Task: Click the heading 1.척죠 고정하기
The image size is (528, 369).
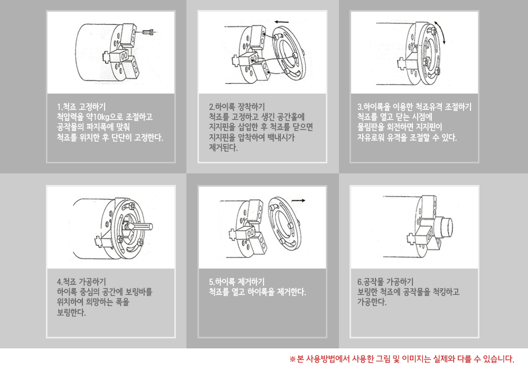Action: click(81, 107)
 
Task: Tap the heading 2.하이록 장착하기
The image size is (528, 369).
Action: click(237, 107)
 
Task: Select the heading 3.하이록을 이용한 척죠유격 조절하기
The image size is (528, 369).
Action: click(414, 107)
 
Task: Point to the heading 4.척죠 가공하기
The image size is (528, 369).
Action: click(81, 282)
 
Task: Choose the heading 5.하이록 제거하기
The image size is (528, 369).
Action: click(237, 282)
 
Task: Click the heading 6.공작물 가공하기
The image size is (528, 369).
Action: click(385, 282)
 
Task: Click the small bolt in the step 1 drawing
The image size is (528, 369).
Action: click(148, 32)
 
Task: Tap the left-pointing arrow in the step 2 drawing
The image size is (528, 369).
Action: click(281, 22)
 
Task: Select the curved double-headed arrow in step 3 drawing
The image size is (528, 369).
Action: click(440, 32)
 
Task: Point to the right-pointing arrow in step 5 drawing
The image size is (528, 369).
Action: click(298, 201)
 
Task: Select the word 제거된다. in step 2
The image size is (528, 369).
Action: click(223, 147)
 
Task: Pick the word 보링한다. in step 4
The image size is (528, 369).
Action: click(71, 312)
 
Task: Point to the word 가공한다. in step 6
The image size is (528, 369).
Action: click(372, 302)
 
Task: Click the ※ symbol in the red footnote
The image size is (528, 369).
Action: click(293, 359)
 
